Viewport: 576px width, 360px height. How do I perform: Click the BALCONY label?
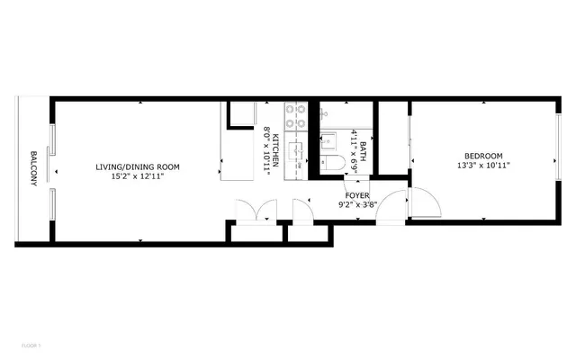tap(33, 168)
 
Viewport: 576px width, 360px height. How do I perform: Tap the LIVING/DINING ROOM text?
tap(139, 166)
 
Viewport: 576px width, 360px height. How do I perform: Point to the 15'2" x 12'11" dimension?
tap(139, 176)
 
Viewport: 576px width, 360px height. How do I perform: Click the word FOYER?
tap(357, 194)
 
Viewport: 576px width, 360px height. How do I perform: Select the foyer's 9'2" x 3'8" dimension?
tap(357, 204)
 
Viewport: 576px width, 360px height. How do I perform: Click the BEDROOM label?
tap(483, 155)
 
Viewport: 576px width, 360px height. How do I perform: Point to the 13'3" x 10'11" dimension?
tap(483, 166)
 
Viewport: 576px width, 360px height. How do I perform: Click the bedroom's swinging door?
tap(424, 204)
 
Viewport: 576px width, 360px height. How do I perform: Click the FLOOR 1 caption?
tap(31, 346)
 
